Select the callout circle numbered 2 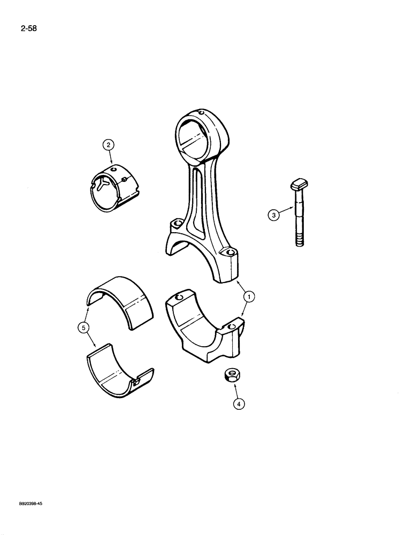108,144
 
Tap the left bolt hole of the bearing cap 179,297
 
